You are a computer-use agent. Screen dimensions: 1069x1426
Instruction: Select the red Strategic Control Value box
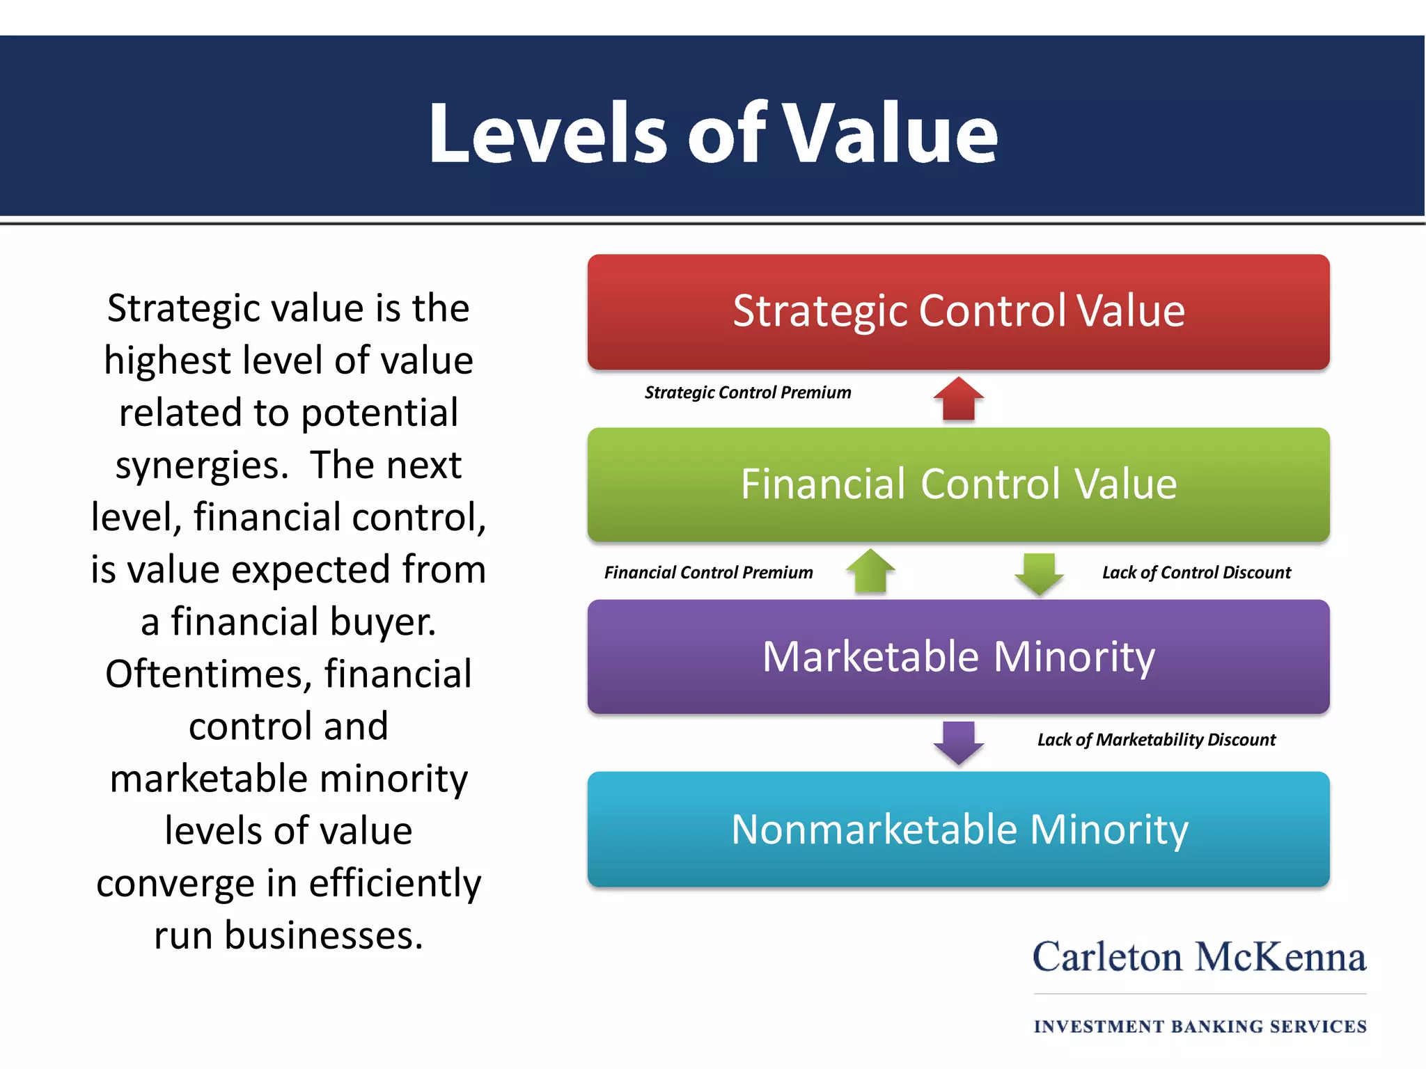click(x=958, y=311)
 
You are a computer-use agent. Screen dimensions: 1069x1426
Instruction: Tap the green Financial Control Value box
click(x=958, y=484)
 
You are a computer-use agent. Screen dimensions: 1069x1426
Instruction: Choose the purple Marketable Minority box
click(x=958, y=656)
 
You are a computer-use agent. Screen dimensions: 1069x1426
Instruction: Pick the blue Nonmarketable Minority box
click(x=958, y=829)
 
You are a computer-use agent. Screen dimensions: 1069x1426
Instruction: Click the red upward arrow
click(x=958, y=399)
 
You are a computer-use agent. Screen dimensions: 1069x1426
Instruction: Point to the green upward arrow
click(x=870, y=571)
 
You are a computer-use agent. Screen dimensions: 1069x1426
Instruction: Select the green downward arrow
click(x=1039, y=573)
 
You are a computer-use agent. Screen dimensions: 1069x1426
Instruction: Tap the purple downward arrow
click(x=958, y=743)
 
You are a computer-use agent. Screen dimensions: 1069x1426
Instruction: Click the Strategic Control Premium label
click(x=748, y=393)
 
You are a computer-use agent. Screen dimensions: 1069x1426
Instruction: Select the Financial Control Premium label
click(x=708, y=573)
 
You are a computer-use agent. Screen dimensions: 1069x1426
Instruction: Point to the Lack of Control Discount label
click(x=1196, y=573)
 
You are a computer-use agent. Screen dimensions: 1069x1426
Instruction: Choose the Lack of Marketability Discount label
click(x=1156, y=740)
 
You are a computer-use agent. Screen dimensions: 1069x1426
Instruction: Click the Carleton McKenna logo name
click(x=1199, y=958)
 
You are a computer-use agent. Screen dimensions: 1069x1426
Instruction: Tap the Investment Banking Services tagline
click(x=1200, y=1027)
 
